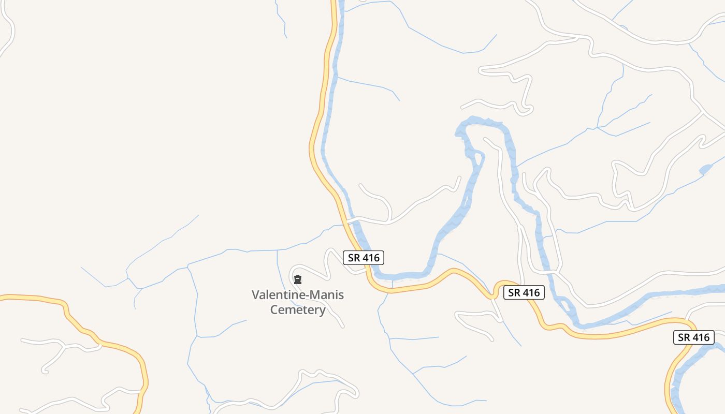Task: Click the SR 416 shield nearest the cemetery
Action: pos(364,257)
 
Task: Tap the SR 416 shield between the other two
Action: pos(524,292)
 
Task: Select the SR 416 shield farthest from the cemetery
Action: pos(693,337)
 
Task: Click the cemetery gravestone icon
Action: pos(298,280)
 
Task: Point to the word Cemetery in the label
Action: pos(298,310)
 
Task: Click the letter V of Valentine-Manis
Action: pos(255,295)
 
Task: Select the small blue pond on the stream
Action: pos(705,169)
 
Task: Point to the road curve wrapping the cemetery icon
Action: pos(293,270)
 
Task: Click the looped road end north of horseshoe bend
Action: pos(527,109)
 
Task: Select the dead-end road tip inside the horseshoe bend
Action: pos(485,139)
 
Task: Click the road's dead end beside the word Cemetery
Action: pos(343,327)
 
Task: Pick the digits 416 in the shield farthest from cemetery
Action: pos(701,337)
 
